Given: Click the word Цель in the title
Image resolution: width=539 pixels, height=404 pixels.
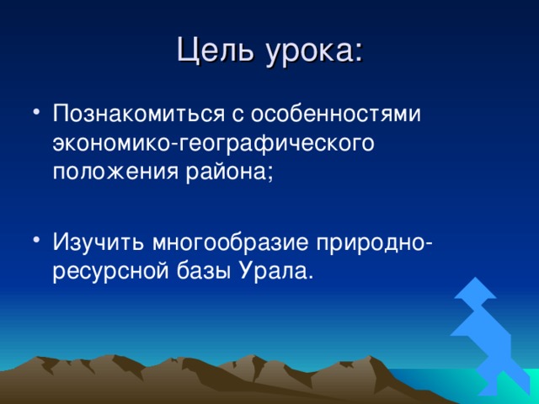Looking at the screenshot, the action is click(216, 50).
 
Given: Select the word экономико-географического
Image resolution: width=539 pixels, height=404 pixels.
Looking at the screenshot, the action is click(213, 144).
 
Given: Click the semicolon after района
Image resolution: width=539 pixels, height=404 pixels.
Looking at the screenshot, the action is click(270, 173).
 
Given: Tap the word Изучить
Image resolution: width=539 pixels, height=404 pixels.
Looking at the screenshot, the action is click(99, 242).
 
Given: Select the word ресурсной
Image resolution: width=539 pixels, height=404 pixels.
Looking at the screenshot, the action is click(111, 272).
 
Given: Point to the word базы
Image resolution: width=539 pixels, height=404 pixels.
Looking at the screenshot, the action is click(204, 271).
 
